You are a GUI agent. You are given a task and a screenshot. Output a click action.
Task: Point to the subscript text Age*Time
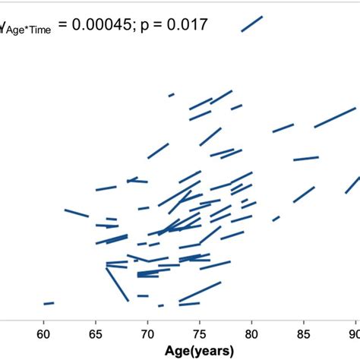pos(28,32)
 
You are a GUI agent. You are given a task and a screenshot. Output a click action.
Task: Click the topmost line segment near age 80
pos(252,24)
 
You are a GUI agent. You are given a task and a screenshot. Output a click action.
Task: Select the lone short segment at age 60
pos(49,303)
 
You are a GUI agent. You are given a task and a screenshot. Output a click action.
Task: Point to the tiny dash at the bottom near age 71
pos(160,305)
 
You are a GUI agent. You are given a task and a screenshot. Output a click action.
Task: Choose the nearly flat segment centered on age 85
pos(306,159)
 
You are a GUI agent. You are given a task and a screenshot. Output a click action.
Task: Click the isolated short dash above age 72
pos(172,95)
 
